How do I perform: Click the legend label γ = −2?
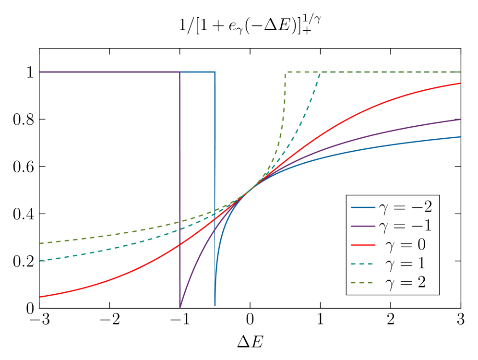pos(405,207)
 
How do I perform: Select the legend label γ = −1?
pos(405,226)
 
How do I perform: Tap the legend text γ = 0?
pos(405,245)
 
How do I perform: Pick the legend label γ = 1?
pos(405,264)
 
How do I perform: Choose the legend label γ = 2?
pos(405,282)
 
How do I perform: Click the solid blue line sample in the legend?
pos(363,207)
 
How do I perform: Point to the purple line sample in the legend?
pos(363,226)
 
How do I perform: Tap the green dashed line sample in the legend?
pos(363,282)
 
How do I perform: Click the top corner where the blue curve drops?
pos(215,72)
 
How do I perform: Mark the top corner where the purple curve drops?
pos(180,72)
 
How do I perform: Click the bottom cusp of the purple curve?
pos(180,307)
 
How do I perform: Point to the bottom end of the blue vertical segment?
pos(215,305)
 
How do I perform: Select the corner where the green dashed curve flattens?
pos(286,72)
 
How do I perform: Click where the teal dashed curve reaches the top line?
pos(320,72)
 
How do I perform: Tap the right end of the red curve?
pos(460,84)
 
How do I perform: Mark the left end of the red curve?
pos(40,297)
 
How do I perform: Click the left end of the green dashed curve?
pos(40,243)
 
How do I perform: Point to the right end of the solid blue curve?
pos(460,137)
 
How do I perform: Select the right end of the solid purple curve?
pos(460,120)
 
